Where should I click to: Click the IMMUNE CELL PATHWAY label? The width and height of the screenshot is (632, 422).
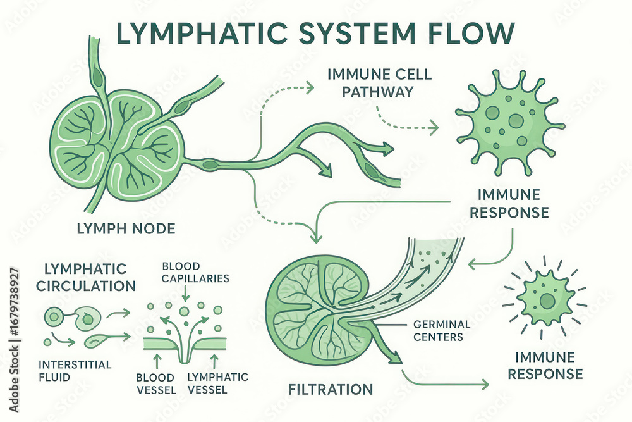pos(379,83)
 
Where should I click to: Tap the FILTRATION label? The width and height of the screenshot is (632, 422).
pos(330,388)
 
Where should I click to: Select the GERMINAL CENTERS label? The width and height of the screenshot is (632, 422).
pos(441,330)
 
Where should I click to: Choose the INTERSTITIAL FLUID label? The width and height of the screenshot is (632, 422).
pos(75,371)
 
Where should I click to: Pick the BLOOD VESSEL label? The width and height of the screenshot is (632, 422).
pos(155,383)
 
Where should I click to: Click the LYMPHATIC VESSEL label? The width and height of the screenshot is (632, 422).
pos(218,383)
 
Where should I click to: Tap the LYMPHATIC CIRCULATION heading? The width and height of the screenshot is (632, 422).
pos(86,277)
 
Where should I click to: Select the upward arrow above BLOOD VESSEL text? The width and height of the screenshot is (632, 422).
pos(156,361)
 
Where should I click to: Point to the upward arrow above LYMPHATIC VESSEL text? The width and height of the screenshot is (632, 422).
pos(216,361)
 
